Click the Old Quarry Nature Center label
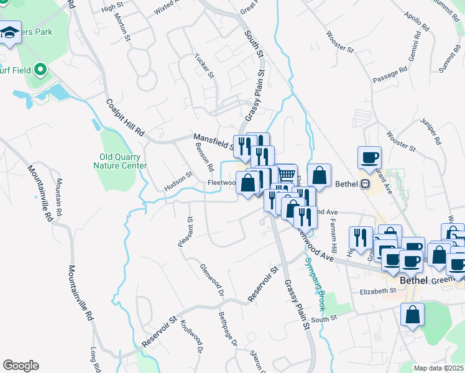point(120,161)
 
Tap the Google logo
point(21,366)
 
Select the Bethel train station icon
point(365,184)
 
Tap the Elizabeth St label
point(378,291)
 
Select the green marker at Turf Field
point(42,70)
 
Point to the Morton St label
point(123,30)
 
